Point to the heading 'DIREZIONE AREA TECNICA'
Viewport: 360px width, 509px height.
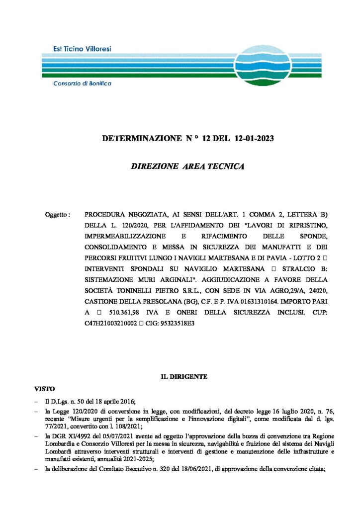pyautogui.click(x=187, y=167)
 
